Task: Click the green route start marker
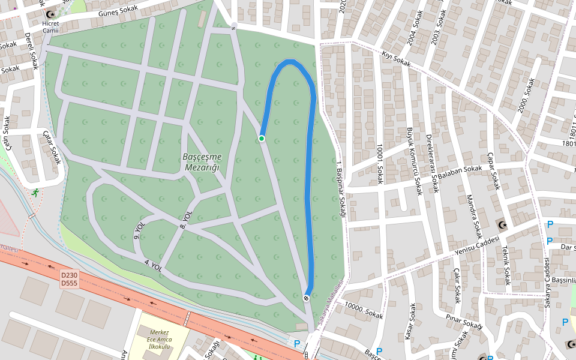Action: click(x=262, y=139)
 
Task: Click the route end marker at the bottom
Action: click(x=307, y=298)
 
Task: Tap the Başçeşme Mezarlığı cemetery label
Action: click(x=202, y=161)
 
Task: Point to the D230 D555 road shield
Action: click(x=69, y=278)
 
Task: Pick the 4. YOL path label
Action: click(x=153, y=264)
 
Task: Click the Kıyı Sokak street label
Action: click(x=396, y=59)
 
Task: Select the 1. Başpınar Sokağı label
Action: click(x=341, y=192)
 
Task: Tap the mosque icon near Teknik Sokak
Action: click(x=502, y=225)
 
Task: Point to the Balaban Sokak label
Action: click(x=460, y=172)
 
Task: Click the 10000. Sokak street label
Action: click(x=364, y=310)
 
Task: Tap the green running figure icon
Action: click(x=37, y=193)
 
